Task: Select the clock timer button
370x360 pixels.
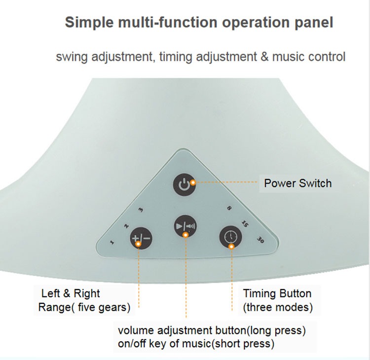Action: (230, 237)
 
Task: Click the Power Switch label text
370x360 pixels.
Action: (297, 183)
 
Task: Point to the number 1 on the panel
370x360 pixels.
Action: (112, 242)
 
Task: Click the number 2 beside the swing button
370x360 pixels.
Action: (126, 226)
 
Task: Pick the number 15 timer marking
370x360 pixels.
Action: (244, 223)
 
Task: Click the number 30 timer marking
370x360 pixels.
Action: (260, 240)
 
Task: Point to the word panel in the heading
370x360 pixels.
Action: (314, 23)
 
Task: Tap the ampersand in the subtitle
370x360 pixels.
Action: (264, 56)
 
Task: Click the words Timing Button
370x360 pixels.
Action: (277, 293)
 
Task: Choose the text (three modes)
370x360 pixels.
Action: (278, 307)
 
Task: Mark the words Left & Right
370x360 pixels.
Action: (71, 293)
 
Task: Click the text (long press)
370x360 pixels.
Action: (278, 329)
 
